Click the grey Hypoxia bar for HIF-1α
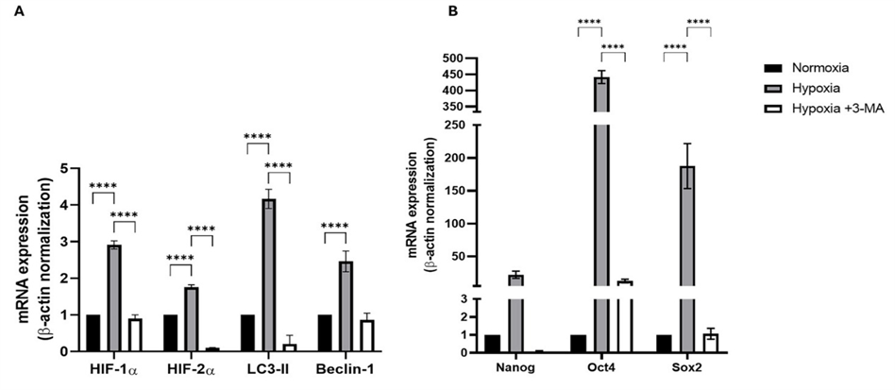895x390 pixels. [114, 297]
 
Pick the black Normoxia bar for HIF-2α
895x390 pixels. [170, 332]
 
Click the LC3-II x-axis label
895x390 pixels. [268, 367]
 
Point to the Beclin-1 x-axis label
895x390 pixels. [346, 367]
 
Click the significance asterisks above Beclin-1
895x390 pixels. [335, 226]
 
